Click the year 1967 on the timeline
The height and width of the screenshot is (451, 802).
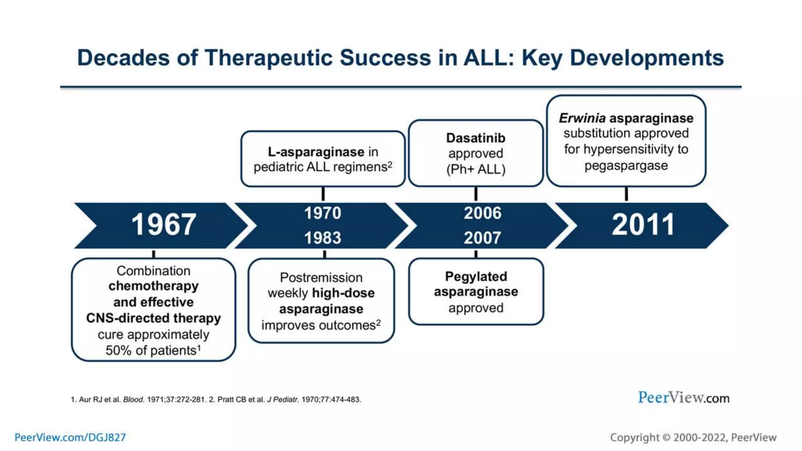click(163, 225)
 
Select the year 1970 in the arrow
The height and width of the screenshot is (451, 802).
click(323, 213)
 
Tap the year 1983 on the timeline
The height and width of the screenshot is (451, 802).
click(323, 238)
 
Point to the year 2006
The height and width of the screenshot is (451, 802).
click(482, 213)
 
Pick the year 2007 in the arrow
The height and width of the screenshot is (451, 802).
click(482, 238)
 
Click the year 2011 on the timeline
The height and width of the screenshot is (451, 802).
click(643, 225)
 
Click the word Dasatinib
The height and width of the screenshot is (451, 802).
click(475, 138)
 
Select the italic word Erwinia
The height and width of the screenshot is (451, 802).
click(582, 118)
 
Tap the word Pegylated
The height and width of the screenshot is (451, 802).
click(476, 276)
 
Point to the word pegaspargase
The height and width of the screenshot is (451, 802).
click(626, 166)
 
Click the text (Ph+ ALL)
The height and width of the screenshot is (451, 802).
click(475, 170)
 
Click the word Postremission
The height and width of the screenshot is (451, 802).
click(321, 278)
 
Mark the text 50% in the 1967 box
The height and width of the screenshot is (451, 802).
click(118, 350)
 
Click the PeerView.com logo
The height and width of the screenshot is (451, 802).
click(683, 398)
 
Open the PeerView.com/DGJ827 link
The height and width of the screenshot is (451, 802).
click(70, 437)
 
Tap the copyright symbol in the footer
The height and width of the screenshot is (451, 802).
click(666, 437)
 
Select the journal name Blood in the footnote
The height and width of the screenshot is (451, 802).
click(134, 400)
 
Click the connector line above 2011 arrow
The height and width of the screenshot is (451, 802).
click(626, 194)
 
